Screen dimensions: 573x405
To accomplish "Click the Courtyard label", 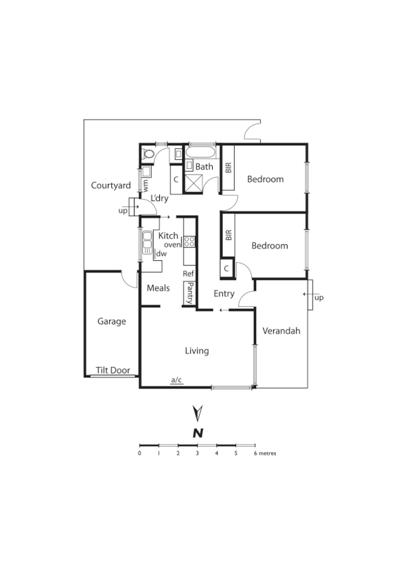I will [111, 185].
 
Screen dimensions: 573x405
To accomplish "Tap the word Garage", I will [111, 320].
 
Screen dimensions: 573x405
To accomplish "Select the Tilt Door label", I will [113, 370].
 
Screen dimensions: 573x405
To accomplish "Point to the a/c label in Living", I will [176, 379].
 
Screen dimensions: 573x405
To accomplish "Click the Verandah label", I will [281, 331].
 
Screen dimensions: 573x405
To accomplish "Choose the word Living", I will [196, 351].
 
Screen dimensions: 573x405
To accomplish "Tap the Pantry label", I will [189, 293].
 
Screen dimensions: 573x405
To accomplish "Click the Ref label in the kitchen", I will [189, 273].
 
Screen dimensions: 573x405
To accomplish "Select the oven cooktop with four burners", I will [190, 242].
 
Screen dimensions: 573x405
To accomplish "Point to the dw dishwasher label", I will [161, 254].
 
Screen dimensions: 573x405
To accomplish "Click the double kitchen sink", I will [147, 242].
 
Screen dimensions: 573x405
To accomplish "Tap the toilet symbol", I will [146, 154].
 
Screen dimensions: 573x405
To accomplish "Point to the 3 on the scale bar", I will [197, 454].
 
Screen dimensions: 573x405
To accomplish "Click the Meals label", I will [158, 288].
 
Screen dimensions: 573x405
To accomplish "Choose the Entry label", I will [224, 294].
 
